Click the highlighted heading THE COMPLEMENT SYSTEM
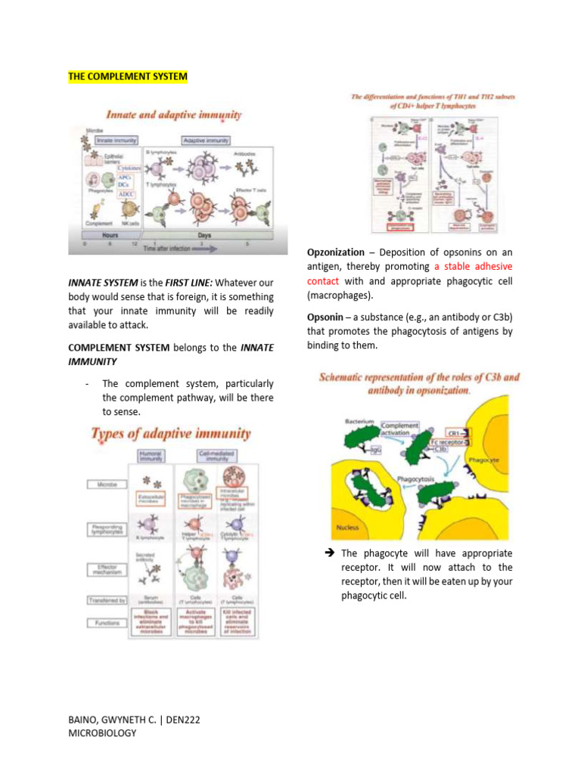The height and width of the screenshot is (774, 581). (x=128, y=77)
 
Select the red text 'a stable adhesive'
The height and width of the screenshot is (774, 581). (x=473, y=266)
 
